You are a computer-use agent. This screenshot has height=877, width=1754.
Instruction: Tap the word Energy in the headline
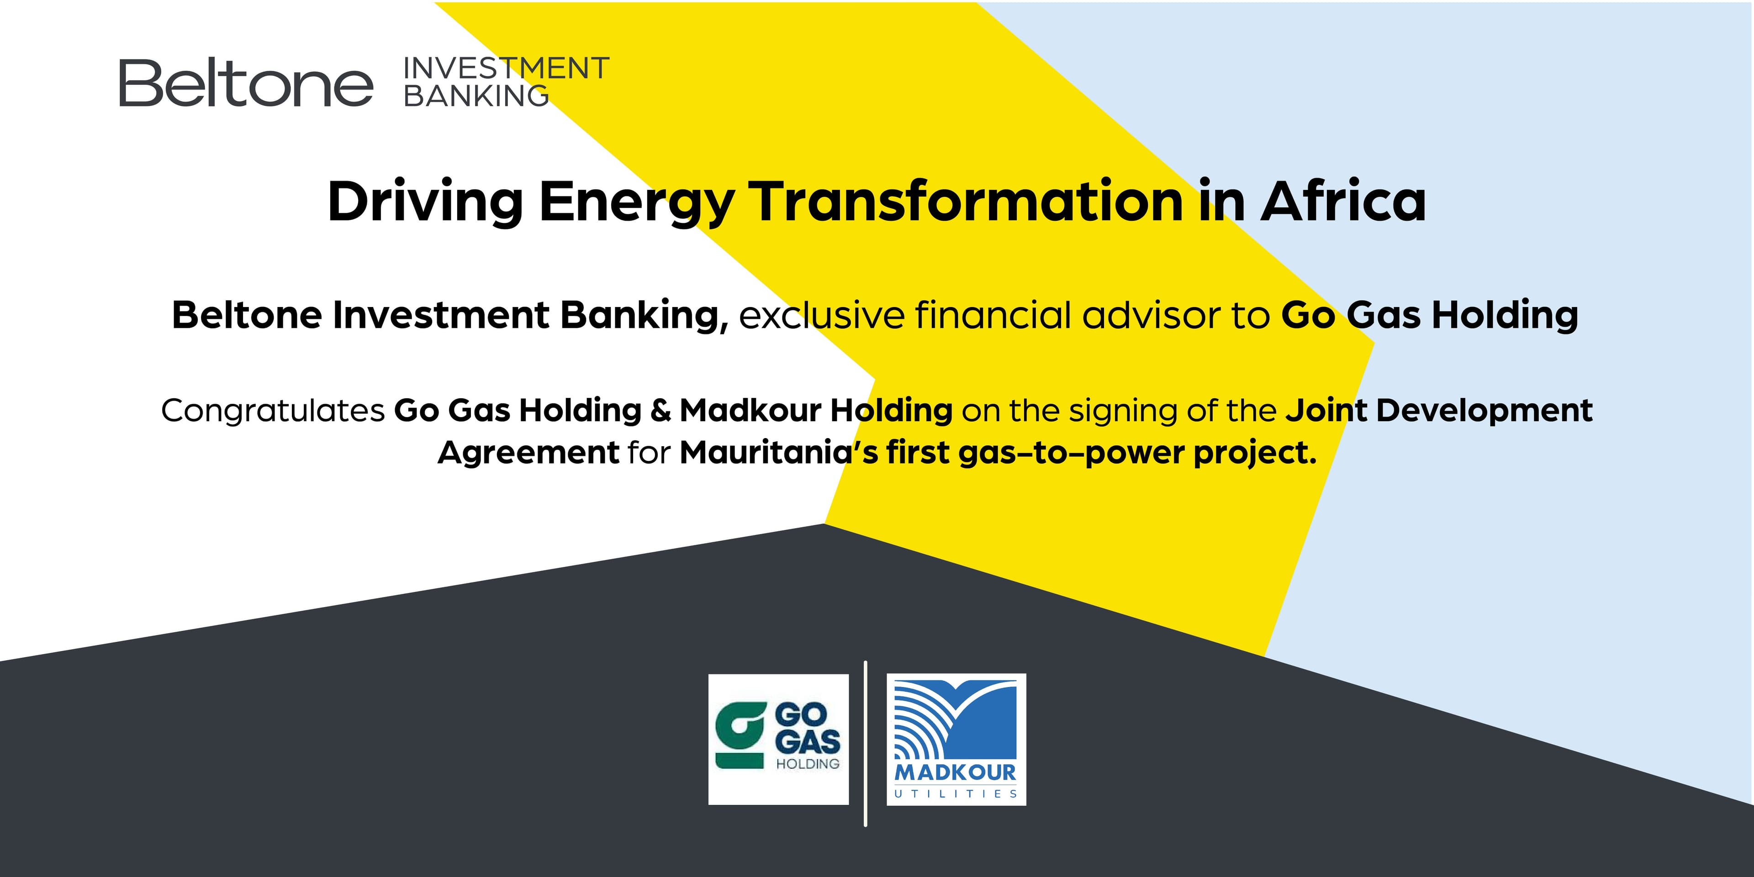coord(637,203)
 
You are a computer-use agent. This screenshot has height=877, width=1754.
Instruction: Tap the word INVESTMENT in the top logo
coord(506,69)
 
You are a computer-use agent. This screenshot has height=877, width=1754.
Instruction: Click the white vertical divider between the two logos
coord(866,743)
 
